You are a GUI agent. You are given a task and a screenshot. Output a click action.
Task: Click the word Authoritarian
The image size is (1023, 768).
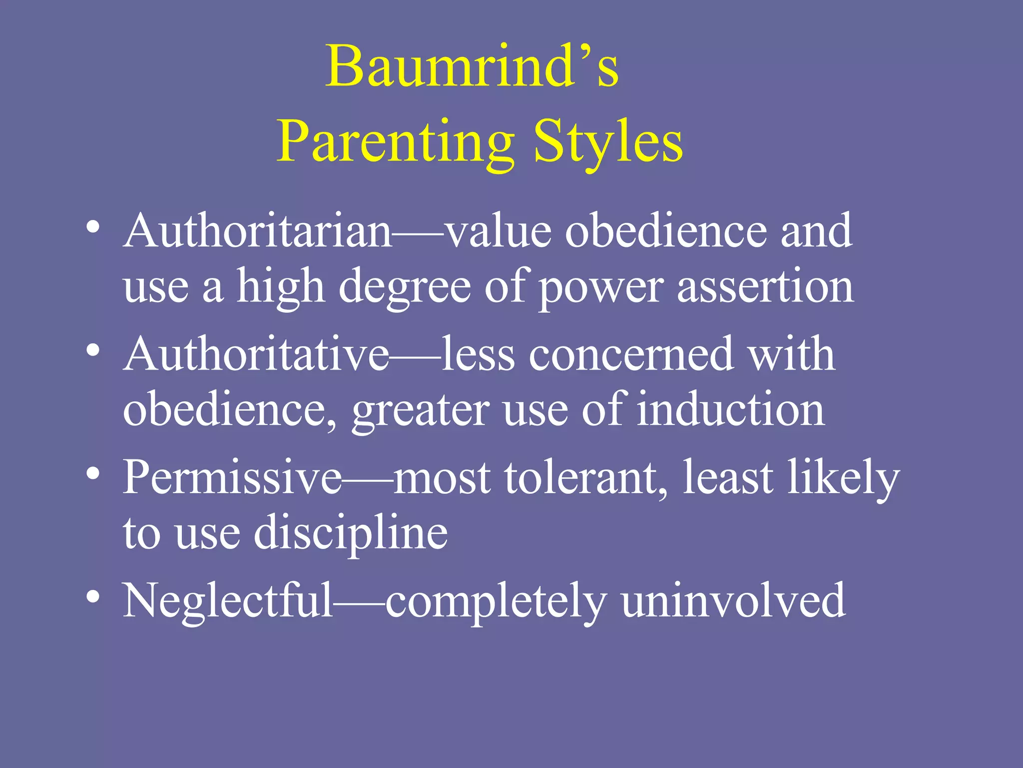(257, 231)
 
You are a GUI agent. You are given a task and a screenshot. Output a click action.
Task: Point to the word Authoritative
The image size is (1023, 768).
(256, 354)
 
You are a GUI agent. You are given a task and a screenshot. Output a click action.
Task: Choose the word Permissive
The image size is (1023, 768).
(233, 477)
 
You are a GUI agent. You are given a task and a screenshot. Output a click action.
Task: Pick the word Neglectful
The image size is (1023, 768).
(228, 600)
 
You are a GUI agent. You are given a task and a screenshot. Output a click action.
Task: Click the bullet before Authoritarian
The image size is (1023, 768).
(93, 227)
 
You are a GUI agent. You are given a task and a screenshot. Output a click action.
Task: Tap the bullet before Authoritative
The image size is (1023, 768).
(93, 350)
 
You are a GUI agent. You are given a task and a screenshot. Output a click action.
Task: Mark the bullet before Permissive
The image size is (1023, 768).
(93, 473)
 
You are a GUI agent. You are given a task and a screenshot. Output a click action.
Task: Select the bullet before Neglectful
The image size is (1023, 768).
(93, 596)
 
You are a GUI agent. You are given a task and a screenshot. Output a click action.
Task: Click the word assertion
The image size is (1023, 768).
(765, 287)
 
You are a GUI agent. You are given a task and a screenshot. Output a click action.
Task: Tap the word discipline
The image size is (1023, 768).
(351, 533)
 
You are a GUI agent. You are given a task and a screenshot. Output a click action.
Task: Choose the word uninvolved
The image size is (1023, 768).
(733, 600)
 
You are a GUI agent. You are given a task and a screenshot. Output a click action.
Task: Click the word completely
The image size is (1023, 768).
(496, 602)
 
